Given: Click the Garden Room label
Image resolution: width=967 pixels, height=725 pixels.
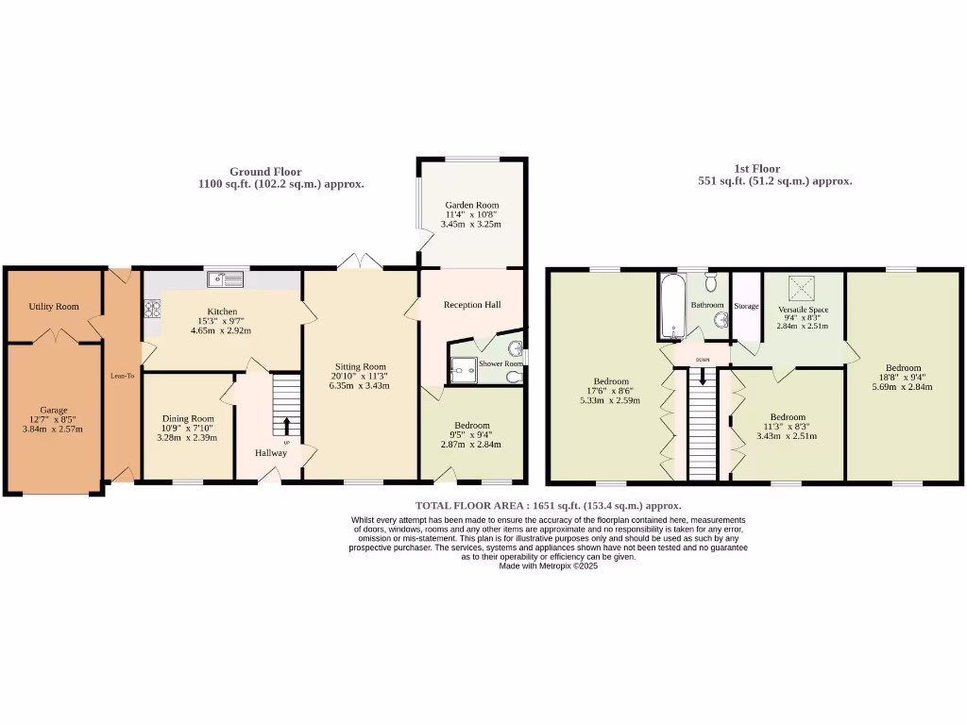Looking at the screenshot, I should coord(472,205).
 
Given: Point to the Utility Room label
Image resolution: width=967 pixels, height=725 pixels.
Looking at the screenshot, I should coord(54,307).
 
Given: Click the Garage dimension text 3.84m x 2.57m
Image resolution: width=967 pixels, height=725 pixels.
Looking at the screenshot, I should coord(54,430).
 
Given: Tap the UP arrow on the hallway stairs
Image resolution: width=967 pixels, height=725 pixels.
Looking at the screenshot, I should coord(287,427).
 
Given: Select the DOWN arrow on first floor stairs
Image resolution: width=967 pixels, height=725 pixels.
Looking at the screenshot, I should coord(702,377).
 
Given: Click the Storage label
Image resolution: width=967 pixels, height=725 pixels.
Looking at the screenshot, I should coord(747,306).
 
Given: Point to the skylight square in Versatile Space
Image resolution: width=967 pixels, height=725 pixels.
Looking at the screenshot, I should coord(803,287).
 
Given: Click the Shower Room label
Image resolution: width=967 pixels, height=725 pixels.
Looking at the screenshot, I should coord(500,363).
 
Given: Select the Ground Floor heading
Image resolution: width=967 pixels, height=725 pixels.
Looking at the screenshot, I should coord(265,172).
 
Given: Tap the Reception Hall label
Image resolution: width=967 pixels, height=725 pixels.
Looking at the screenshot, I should coord(472,305).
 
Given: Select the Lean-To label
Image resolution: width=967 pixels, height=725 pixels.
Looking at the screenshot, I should coord(120,375).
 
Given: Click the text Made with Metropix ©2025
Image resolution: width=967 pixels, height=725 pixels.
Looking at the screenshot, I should coord(548,566).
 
